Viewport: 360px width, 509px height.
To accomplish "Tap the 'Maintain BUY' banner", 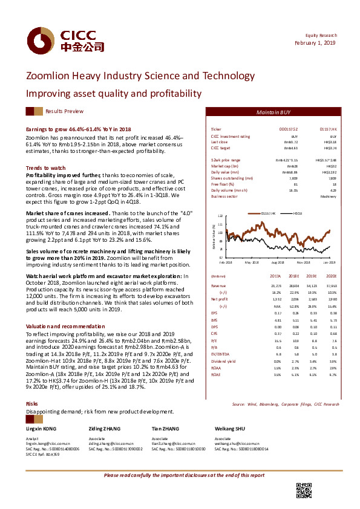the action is (278, 112).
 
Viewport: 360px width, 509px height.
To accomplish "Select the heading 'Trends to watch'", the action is (45, 167).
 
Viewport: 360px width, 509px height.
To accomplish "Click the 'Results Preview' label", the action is (65, 112).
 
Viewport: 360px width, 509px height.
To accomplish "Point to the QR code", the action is (303, 489).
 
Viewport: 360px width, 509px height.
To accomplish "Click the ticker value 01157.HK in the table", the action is (327, 130).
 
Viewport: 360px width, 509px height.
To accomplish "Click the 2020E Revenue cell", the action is (329, 285).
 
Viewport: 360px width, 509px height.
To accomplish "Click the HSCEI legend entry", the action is (297, 213).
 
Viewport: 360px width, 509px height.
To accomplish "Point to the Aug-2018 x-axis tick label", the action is (278, 263).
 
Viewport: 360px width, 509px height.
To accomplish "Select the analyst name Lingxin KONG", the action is (42, 428).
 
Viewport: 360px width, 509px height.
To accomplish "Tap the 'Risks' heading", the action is (32, 403).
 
